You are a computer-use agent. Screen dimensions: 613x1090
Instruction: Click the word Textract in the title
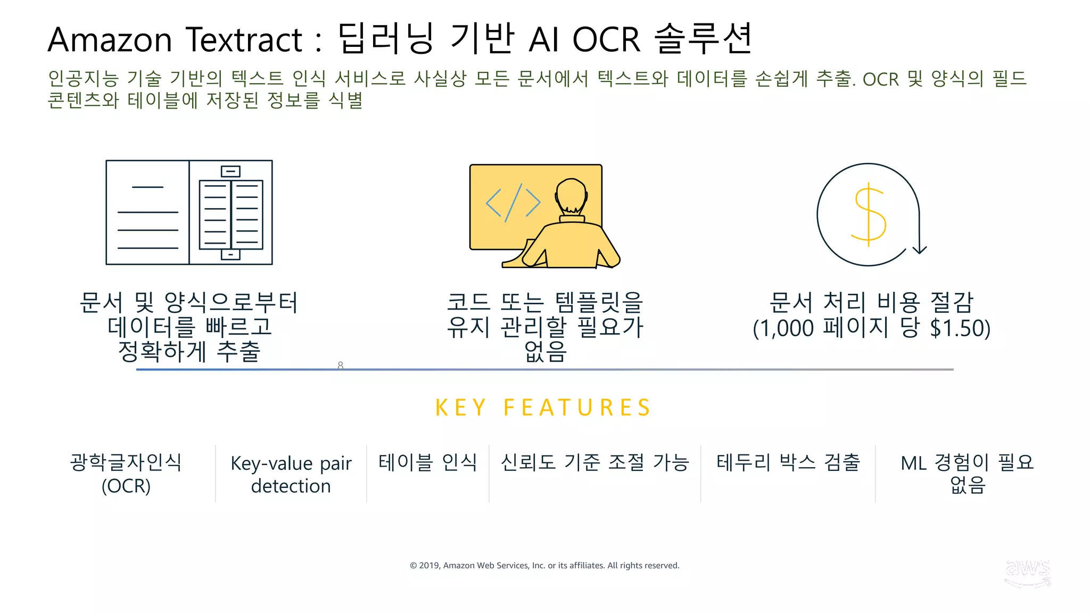(244, 40)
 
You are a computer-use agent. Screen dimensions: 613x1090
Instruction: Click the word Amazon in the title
(110, 40)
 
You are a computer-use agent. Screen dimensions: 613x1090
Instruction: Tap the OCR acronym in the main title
(606, 40)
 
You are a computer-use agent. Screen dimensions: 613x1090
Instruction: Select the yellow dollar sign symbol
(869, 215)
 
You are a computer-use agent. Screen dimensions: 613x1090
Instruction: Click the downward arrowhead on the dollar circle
(920, 249)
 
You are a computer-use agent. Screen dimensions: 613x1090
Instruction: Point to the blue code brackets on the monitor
(513, 203)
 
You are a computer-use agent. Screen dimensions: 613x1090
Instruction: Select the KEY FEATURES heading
(543, 408)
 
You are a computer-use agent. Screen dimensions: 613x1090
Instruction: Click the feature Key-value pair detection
(291, 474)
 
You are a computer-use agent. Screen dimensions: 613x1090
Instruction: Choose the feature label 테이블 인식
(427, 462)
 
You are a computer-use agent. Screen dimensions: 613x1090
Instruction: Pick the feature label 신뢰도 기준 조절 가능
(594, 462)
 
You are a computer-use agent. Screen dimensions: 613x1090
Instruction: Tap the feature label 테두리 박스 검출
(788, 462)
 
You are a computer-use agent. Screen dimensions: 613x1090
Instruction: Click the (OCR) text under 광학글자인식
(126, 486)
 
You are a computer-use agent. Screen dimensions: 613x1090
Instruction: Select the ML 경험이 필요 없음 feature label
(967, 474)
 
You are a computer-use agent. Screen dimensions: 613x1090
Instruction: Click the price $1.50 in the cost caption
(960, 328)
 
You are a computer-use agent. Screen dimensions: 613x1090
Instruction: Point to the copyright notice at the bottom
(544, 566)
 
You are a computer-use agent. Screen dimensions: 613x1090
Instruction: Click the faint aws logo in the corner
(1027, 573)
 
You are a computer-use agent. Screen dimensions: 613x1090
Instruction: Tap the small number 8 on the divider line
(341, 365)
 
